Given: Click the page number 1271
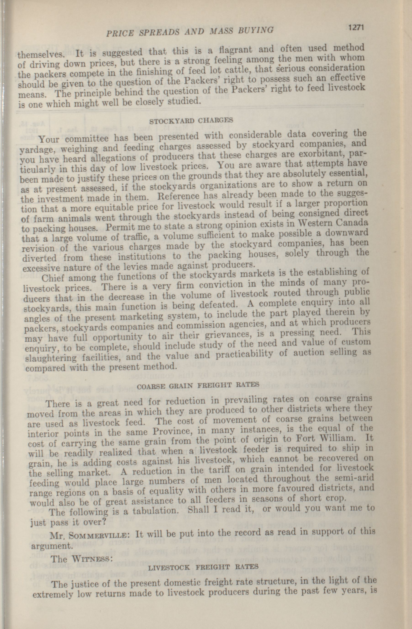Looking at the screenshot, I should [356, 27].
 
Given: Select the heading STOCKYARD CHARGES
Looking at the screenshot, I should [191, 120].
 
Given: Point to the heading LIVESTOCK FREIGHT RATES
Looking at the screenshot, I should [203, 567].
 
